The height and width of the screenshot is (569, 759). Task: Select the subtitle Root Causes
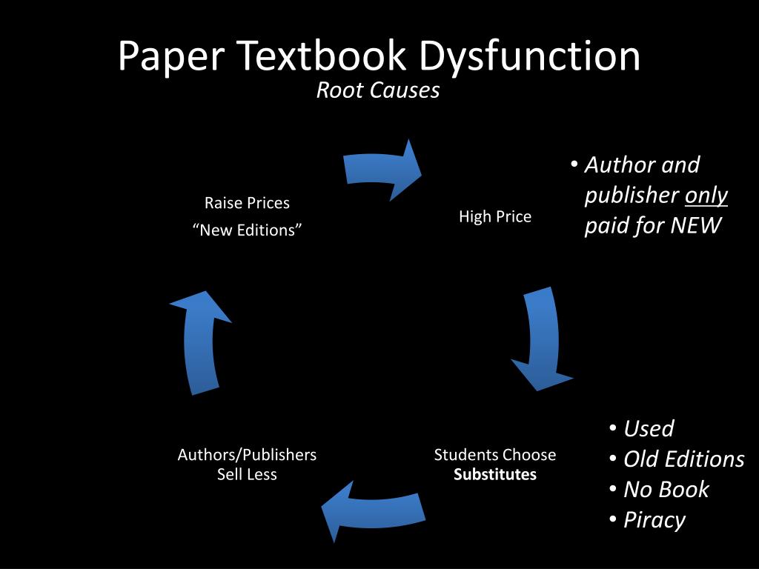coord(378,90)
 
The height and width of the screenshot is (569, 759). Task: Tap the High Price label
coord(495,216)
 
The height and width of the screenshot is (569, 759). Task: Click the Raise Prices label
coord(247,202)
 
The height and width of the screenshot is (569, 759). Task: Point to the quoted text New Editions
coord(247,230)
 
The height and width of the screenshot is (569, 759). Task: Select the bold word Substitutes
coord(495,474)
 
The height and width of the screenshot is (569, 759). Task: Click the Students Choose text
coord(495,455)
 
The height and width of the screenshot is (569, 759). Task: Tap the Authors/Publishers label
coord(247,455)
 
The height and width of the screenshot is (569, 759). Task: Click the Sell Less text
coord(247,474)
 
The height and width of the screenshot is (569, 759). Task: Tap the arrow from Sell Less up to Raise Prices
coord(201,340)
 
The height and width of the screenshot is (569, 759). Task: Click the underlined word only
coord(706,195)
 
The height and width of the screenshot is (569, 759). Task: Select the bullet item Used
coord(649,428)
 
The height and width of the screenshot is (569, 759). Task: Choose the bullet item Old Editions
coord(683,459)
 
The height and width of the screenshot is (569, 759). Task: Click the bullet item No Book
coord(666,489)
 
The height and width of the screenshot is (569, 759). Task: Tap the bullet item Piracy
coord(654,519)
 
